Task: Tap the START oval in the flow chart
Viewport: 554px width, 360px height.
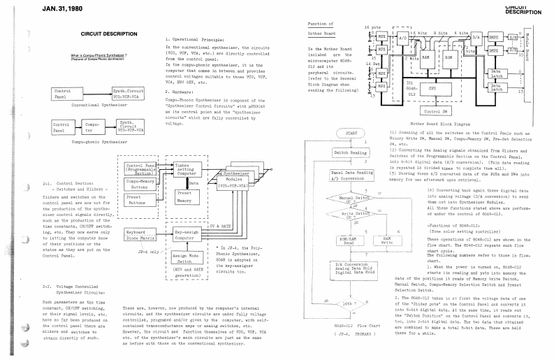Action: (349, 135)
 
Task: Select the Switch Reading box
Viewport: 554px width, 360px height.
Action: (349, 152)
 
